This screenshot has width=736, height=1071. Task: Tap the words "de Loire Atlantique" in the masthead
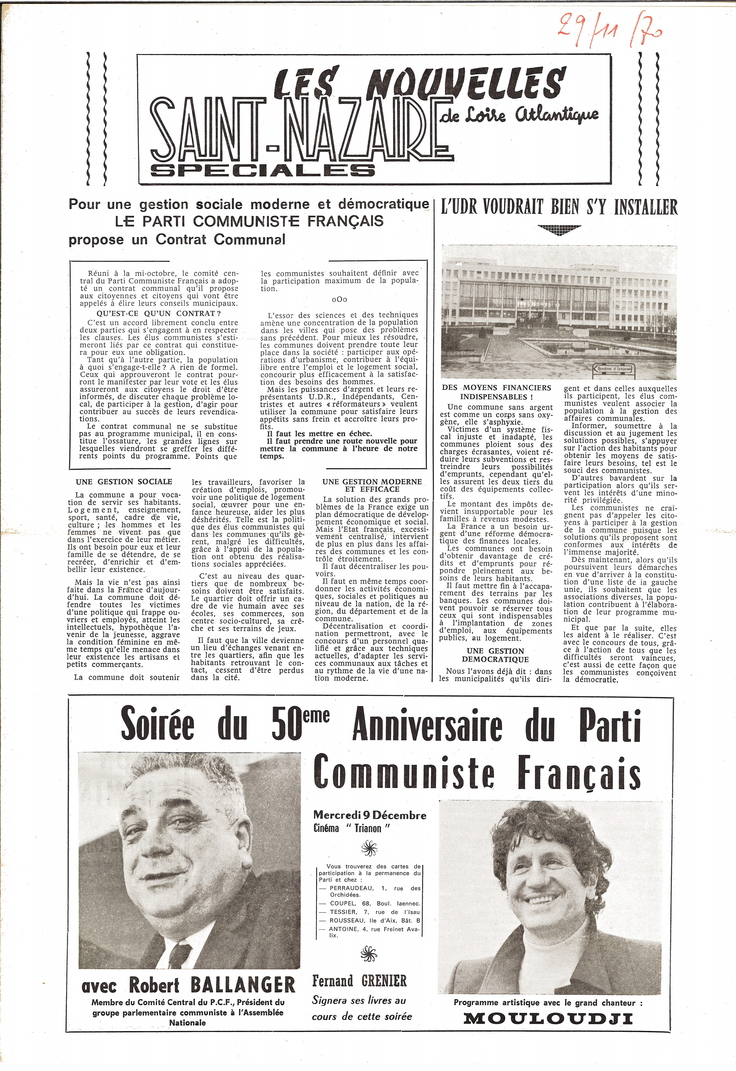click(x=519, y=115)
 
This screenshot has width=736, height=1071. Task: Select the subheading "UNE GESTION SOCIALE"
click(x=124, y=482)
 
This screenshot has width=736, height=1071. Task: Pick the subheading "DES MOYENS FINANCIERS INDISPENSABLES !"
click(x=496, y=392)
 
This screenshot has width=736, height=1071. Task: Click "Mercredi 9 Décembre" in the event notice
click(x=369, y=816)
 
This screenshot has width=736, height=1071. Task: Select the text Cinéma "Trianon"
click(x=351, y=828)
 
